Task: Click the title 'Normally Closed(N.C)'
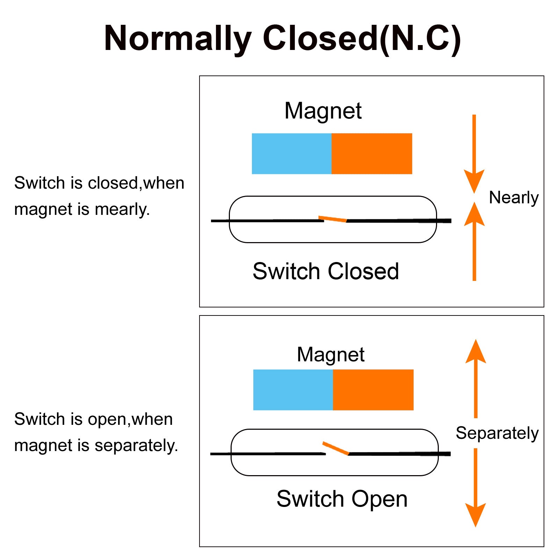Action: coord(282,38)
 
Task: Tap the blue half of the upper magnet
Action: coord(292,154)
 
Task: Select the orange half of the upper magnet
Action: coord(372,154)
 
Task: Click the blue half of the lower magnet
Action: coord(293,390)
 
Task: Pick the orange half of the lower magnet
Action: coord(373,390)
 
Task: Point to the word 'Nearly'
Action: coord(514,198)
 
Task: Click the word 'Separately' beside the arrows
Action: coord(497,434)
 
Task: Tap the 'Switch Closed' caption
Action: coord(326,271)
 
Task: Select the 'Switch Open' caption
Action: coord(342,499)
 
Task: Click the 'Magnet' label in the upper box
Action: coord(323,111)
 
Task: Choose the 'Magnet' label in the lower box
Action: coord(331,355)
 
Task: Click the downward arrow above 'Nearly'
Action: coord(474,154)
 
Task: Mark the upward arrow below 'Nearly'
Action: coord(474,241)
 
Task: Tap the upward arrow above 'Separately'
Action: coord(475,378)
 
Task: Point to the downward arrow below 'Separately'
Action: coord(475,488)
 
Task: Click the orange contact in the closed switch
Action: coord(333,219)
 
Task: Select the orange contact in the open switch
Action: coord(336,448)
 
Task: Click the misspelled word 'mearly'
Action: coord(122,209)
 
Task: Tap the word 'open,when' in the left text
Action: coord(130,419)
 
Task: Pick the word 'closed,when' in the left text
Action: coord(136,183)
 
